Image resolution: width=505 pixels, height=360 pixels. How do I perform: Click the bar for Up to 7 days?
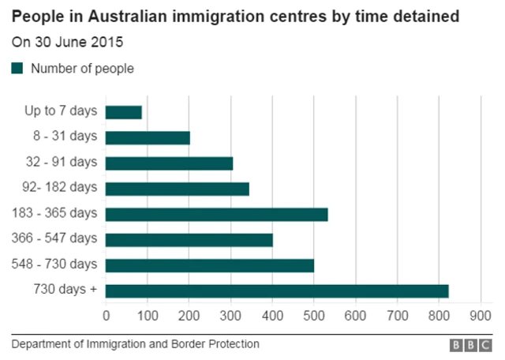click(x=123, y=112)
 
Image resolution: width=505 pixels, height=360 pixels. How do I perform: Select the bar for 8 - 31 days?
click(x=148, y=137)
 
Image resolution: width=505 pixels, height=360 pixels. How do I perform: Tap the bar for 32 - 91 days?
click(x=169, y=163)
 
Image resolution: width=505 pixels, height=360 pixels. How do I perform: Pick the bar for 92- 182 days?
click(x=177, y=189)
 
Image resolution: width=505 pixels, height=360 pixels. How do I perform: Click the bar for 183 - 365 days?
click(x=216, y=214)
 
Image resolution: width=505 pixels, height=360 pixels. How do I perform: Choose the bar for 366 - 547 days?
click(x=189, y=239)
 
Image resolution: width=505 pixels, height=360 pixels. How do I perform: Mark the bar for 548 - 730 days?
click(x=209, y=265)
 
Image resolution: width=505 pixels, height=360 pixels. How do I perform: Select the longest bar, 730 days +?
click(x=276, y=291)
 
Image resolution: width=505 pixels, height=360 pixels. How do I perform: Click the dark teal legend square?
click(x=17, y=69)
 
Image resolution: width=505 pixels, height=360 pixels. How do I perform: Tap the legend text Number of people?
click(x=82, y=69)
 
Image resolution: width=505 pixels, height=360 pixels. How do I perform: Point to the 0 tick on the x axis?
click(x=107, y=316)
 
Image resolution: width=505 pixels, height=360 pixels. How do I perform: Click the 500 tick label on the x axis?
click(x=314, y=316)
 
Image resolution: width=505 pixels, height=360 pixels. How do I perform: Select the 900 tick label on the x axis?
click(x=481, y=316)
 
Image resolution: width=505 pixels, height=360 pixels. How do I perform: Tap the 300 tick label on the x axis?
click(x=231, y=316)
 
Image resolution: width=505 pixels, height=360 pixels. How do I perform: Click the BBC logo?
click(x=470, y=346)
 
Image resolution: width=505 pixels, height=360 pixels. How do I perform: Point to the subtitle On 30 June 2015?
click(x=67, y=41)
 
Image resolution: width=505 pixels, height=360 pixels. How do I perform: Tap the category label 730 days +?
click(x=65, y=290)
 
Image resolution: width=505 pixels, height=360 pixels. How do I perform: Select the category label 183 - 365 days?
click(x=54, y=213)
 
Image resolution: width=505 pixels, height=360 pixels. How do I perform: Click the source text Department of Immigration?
click(x=135, y=345)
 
